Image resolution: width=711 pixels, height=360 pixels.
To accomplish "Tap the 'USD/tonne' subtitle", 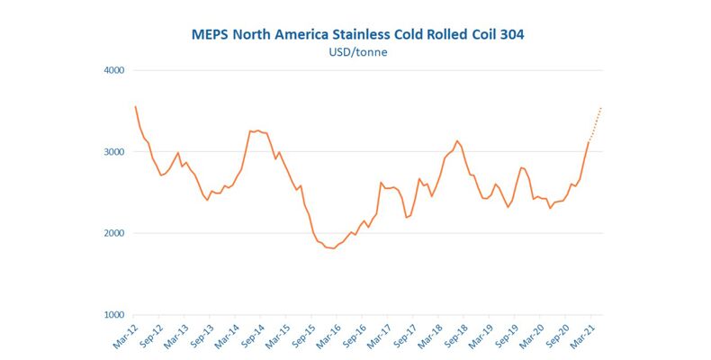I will click(358, 52).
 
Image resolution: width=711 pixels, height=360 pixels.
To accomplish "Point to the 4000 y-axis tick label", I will click(112, 70).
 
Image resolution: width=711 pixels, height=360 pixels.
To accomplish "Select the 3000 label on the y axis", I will click(112, 152).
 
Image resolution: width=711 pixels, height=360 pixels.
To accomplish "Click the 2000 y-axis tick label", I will click(112, 233).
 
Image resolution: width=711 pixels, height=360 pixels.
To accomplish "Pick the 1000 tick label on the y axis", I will click(112, 315).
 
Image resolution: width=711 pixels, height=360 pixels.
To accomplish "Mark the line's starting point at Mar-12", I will click(135, 106).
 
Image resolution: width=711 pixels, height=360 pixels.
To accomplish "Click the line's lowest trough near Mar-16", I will click(334, 248).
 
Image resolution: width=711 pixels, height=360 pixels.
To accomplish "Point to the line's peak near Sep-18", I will click(457, 140).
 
